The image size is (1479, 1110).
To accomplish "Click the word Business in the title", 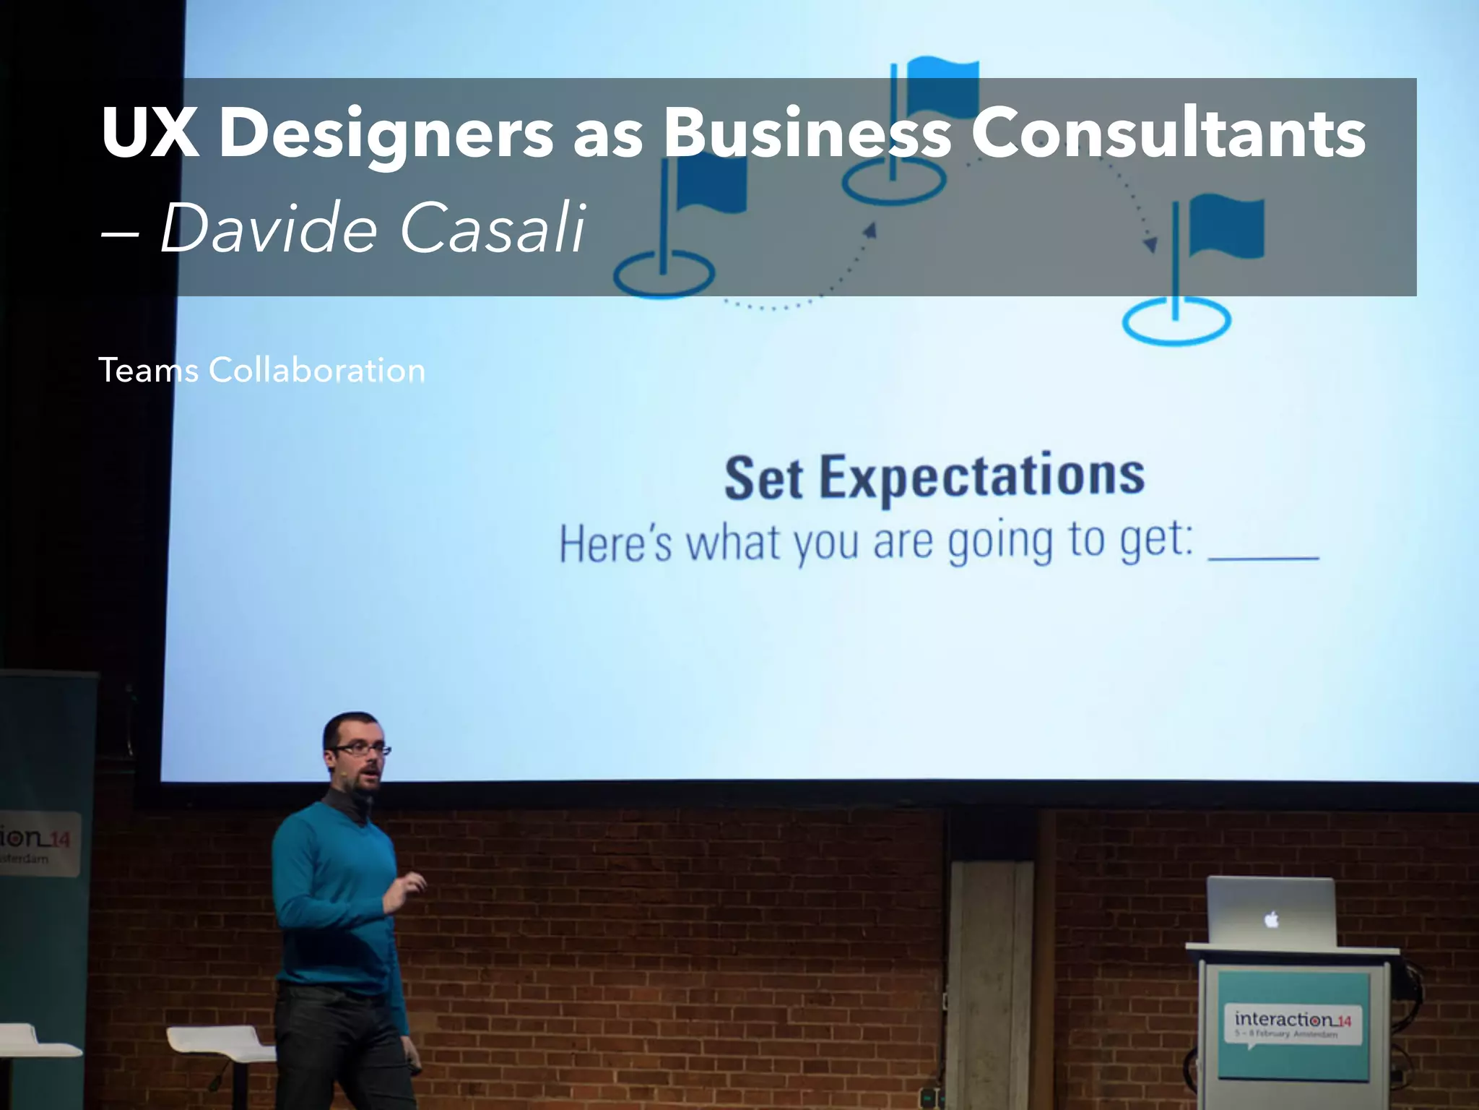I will coord(807,133).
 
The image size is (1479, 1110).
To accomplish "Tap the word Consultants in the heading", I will coord(1168,133).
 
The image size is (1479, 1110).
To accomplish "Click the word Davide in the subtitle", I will coord(269,228).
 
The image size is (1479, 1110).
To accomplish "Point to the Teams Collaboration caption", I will coord(261,371).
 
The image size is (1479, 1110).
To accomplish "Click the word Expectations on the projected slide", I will coord(982,477).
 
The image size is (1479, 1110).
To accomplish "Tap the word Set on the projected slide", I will coord(763,478).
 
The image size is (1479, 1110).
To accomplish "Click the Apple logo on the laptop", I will coord(1272,919).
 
